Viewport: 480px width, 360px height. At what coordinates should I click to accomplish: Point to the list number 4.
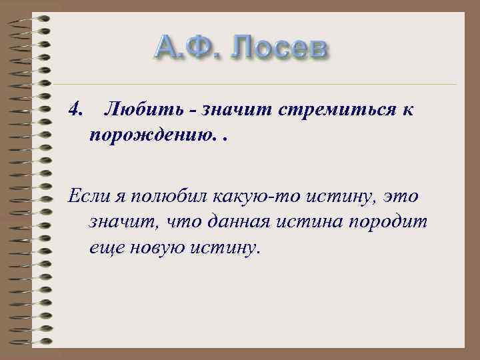75,109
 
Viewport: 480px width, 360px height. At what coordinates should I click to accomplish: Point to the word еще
104,248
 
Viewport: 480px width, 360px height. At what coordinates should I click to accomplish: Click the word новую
156,248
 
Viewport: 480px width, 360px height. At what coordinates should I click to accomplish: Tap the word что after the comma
191,223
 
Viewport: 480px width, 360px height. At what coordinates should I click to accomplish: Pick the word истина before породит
324,223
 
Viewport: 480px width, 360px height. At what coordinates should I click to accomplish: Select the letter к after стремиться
407,109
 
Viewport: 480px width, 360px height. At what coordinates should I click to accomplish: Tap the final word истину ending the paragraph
223,248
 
